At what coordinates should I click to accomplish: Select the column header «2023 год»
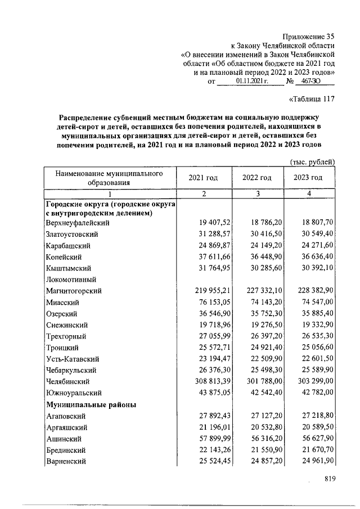(x=308, y=177)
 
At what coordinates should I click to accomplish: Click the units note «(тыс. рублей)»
(x=312, y=161)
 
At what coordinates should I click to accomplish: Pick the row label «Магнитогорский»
(x=73, y=291)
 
